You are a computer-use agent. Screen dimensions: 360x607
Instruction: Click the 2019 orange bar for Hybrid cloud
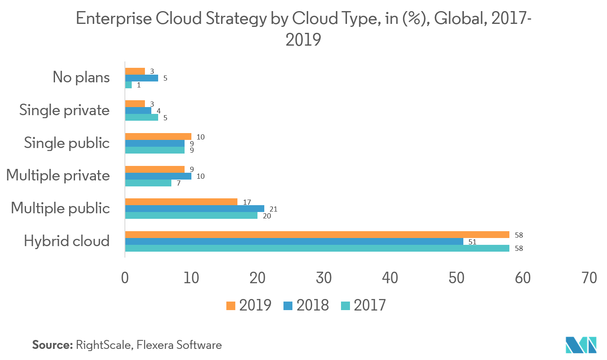coord(317,235)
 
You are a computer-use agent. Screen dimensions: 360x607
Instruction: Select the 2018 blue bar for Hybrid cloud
coord(294,241)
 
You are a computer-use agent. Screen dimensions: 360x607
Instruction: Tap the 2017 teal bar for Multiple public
coord(191,215)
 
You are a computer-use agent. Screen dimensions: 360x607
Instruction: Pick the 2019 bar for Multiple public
coord(181,202)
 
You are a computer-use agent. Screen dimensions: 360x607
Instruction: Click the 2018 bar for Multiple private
coord(158,176)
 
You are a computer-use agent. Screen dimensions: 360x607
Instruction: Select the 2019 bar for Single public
coord(158,136)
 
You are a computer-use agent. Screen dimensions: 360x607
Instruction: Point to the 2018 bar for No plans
coord(142,78)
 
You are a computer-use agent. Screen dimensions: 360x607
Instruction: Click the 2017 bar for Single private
coord(142,117)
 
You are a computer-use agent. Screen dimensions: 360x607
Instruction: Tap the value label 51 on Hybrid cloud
coord(472,242)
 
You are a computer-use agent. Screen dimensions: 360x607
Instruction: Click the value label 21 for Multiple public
coord(273,209)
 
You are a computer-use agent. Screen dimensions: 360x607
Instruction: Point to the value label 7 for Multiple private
coord(179,183)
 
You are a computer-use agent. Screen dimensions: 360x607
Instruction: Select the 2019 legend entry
coord(249,305)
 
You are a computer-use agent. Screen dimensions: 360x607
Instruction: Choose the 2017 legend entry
coord(364,305)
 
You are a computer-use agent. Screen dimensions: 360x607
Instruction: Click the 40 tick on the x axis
coord(390,278)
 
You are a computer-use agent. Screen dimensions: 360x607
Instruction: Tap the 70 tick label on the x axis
coord(589,278)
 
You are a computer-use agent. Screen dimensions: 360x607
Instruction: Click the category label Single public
coord(67,143)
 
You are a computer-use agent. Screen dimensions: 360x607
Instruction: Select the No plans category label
coord(81,77)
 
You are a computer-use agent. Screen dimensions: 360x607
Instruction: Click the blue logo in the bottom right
coord(581,345)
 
